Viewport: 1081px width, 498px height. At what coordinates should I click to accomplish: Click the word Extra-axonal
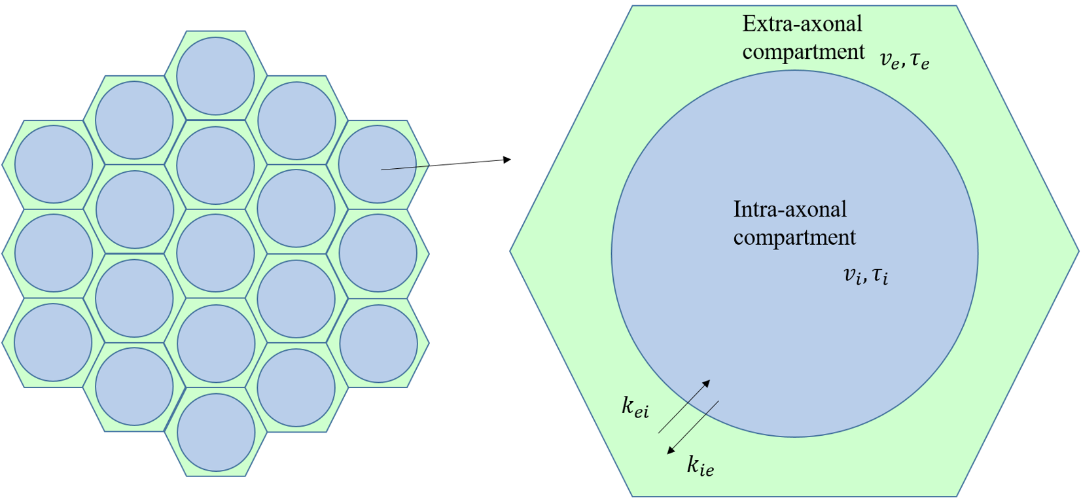coord(802,24)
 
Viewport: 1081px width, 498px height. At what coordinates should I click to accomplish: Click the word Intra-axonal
coord(790,209)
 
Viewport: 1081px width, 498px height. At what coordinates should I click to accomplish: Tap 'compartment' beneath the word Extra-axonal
coord(803,52)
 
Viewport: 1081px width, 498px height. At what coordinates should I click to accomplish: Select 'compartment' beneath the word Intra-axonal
coord(794,237)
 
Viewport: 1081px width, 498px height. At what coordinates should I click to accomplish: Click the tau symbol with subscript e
coord(920,60)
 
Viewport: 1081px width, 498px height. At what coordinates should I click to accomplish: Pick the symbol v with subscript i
coord(853,275)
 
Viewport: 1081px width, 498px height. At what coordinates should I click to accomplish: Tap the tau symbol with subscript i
coord(880,275)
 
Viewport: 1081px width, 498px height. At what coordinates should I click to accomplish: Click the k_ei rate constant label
coord(635,407)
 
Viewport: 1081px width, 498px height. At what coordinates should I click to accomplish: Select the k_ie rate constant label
coord(700,466)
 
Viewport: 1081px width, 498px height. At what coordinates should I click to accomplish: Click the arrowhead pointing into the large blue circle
coord(706,383)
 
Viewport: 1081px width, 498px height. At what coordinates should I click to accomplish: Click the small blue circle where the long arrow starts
coord(378,164)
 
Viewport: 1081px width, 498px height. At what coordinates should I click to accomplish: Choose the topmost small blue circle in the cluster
coord(215,76)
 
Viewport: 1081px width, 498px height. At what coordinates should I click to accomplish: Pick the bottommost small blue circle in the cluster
coord(216,432)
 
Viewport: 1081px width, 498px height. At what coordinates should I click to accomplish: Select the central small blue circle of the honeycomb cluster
coord(215,254)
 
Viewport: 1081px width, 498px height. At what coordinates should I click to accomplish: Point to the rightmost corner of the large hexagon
coord(1078,251)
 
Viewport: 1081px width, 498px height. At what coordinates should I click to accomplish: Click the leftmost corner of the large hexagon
coord(511,251)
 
